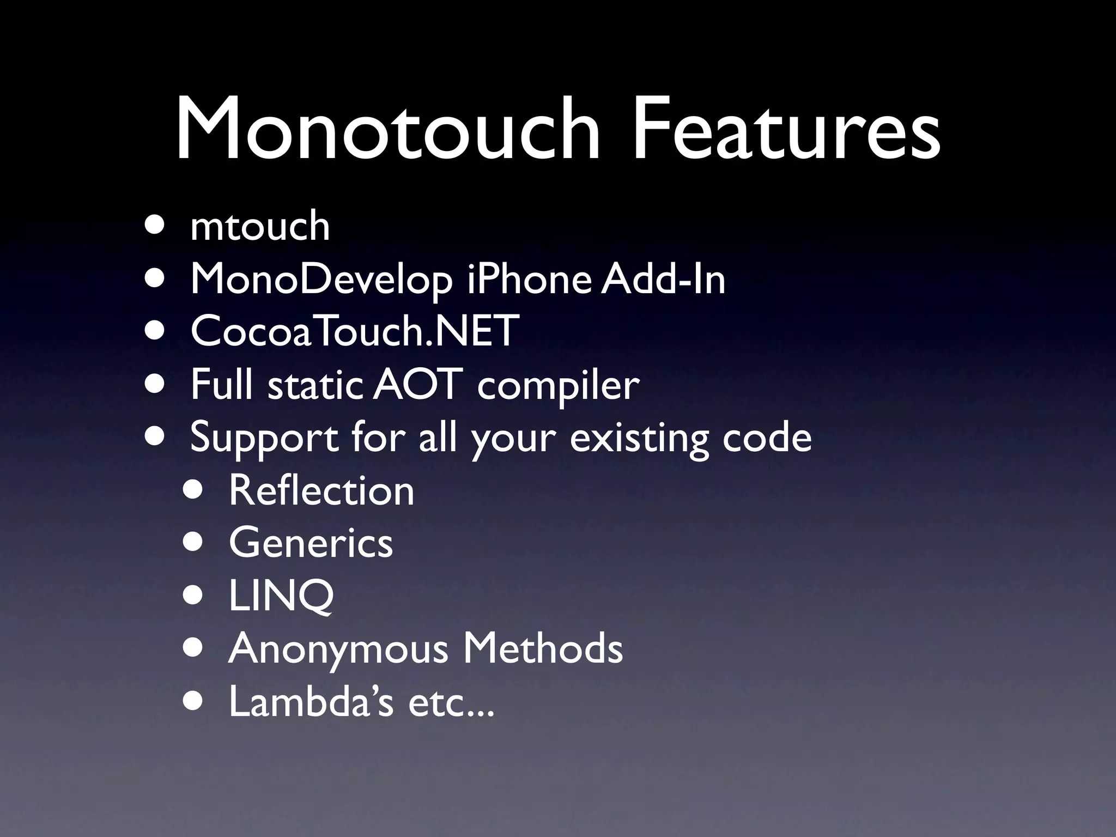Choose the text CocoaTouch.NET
(x=354, y=331)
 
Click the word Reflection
(x=322, y=490)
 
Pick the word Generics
(x=311, y=543)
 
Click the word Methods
(x=543, y=648)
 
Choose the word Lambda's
(x=311, y=701)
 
